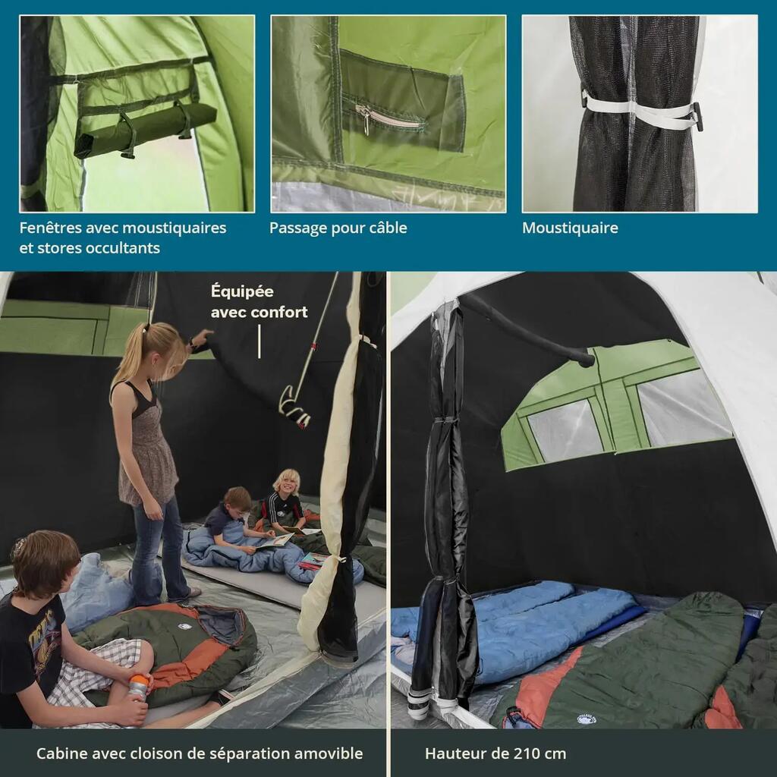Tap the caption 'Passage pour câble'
pos(338,228)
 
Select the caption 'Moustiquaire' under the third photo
pos(570,228)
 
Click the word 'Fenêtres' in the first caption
pos(50,228)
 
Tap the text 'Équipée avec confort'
pos(260,301)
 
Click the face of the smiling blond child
pos(286,483)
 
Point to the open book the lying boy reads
pos(275,540)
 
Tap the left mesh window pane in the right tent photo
pos(565,429)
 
